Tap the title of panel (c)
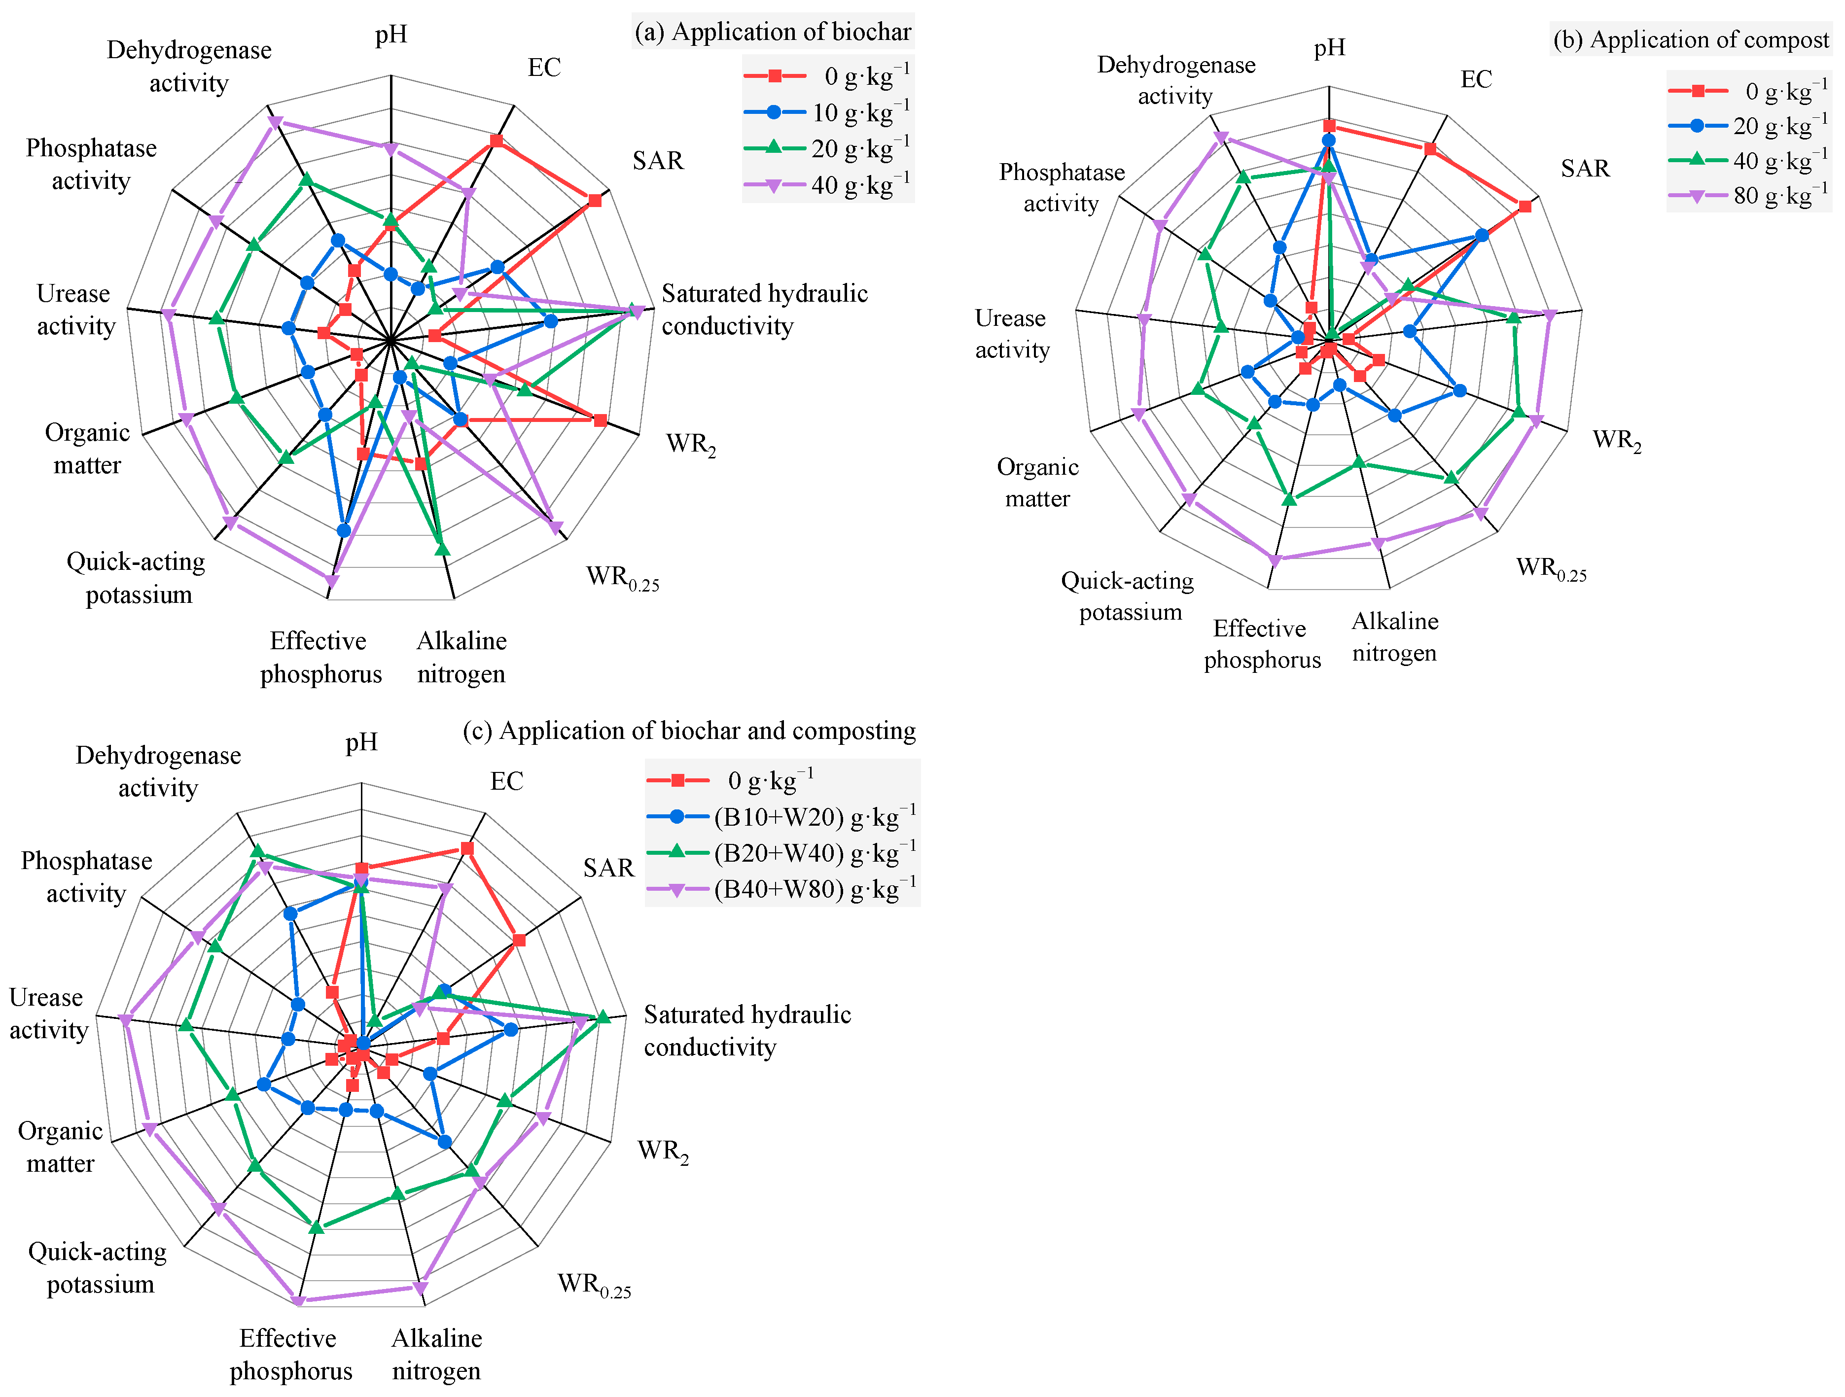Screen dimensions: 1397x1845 (x=689, y=731)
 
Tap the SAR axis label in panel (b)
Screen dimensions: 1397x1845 (x=1585, y=169)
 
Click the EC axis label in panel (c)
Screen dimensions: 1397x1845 (x=506, y=781)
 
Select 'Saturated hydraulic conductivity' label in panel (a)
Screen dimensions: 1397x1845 (x=764, y=310)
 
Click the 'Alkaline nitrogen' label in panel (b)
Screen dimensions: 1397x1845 (x=1394, y=636)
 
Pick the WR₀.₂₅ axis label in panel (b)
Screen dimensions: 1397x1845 (x=1551, y=569)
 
